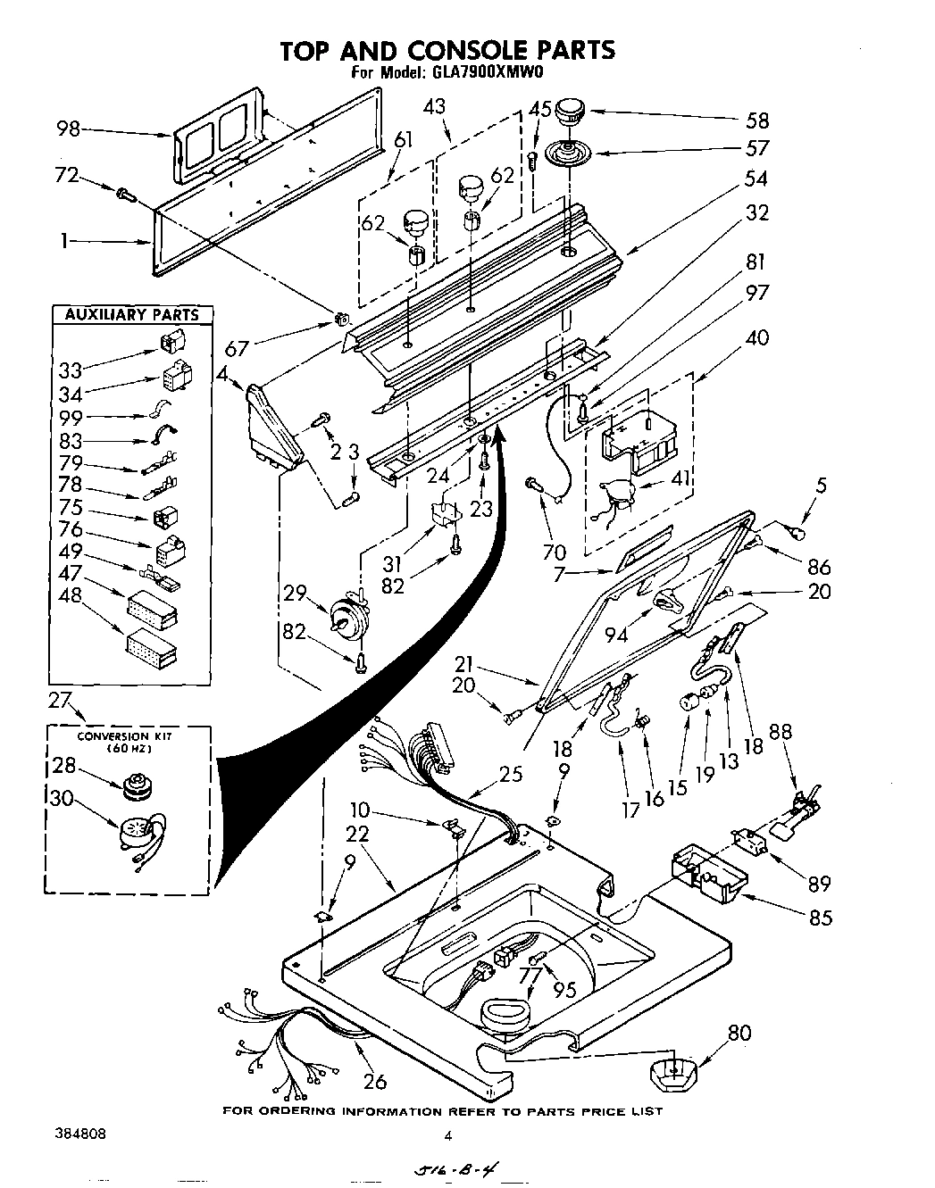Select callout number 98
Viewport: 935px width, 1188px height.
coord(68,129)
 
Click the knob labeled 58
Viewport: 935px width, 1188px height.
coord(569,114)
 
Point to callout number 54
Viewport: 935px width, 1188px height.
coord(755,179)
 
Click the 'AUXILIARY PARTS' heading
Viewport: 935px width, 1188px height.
coord(131,314)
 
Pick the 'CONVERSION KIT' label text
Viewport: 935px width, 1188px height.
coord(123,736)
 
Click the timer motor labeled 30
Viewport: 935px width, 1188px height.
coord(138,837)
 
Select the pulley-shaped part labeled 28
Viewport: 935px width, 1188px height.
coord(137,785)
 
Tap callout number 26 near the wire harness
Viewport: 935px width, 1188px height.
coord(375,1081)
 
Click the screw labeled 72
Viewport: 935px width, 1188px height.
coord(125,192)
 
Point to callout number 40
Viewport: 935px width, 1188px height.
coord(755,338)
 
